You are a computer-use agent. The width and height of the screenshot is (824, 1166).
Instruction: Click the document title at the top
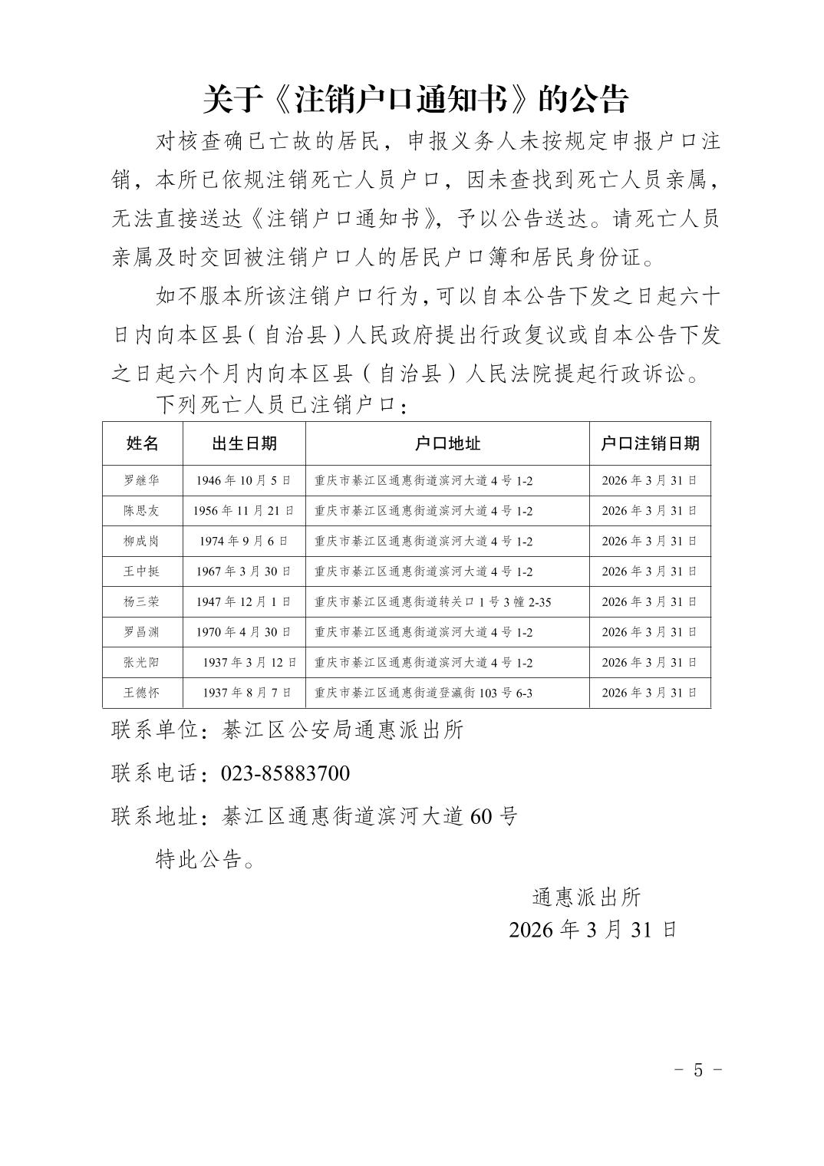[415, 99]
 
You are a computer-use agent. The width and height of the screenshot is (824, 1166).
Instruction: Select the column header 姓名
[143, 443]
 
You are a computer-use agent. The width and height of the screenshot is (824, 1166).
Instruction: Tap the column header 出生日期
[244, 443]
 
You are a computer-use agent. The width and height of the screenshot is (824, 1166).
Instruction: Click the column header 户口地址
[447, 443]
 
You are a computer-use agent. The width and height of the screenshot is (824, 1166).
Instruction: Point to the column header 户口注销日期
[650, 443]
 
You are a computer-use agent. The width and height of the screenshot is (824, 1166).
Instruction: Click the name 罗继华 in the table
[142, 481]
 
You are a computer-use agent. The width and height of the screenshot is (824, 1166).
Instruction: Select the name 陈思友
[142, 511]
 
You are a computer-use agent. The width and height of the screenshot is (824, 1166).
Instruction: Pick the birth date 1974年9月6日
[244, 542]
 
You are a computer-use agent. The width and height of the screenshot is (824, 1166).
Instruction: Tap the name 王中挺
[142, 571]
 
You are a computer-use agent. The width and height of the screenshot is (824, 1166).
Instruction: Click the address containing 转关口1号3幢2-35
[433, 602]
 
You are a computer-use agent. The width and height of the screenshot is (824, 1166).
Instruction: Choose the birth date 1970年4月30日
[244, 632]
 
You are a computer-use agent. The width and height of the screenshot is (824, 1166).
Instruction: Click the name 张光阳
[142, 662]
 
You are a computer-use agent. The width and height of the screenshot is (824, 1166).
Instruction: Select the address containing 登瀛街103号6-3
[424, 693]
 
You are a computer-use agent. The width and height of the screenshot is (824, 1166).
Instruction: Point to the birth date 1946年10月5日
[244, 481]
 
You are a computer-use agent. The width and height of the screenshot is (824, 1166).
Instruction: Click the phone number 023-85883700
[285, 773]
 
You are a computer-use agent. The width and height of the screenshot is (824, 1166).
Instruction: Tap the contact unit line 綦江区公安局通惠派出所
[342, 730]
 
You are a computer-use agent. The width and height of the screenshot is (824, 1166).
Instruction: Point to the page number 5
[697, 1070]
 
